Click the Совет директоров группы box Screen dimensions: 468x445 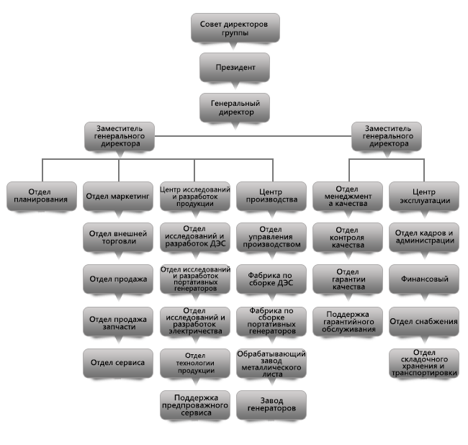(x=235, y=27)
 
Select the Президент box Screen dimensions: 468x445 (x=235, y=67)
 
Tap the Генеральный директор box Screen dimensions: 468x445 (x=235, y=107)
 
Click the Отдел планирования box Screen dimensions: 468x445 (x=42, y=196)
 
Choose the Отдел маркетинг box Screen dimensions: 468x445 (x=118, y=196)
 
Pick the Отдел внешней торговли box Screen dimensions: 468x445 (x=118, y=238)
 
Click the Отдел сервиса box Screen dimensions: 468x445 (x=118, y=363)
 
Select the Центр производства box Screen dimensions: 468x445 (x=271, y=196)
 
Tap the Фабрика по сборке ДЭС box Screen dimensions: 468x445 (x=271, y=279)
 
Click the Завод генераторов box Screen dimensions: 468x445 (x=271, y=405)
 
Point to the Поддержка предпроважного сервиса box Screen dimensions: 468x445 (x=195, y=405)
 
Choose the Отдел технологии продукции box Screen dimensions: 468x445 (x=195, y=363)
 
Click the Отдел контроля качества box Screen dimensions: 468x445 (x=348, y=238)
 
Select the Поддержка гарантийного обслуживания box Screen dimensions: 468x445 (x=348, y=321)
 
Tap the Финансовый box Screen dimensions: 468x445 (x=424, y=279)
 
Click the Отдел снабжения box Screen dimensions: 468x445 (x=424, y=321)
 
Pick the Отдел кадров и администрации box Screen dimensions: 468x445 (x=424, y=238)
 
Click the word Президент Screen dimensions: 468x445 (x=235, y=68)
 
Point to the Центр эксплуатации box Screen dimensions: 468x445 (x=424, y=196)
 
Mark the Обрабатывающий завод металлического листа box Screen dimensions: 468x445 (x=271, y=363)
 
